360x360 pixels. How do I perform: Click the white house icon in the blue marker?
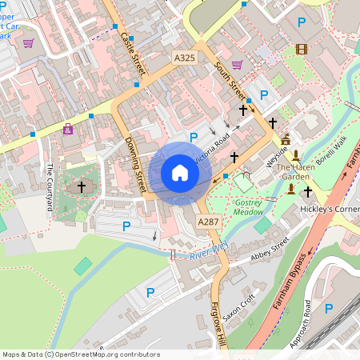click(x=180, y=173)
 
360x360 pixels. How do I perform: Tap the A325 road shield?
click(x=184, y=58)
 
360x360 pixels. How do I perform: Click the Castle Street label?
click(x=129, y=49)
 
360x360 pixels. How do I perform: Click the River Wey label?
click(x=208, y=254)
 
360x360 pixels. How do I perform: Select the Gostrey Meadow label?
click(x=249, y=207)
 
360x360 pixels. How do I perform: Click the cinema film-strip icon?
click(x=301, y=49)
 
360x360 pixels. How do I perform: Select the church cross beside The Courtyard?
click(x=80, y=187)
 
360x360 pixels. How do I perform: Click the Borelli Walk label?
click(x=330, y=152)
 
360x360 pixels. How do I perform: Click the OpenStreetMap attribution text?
click(x=80, y=354)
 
